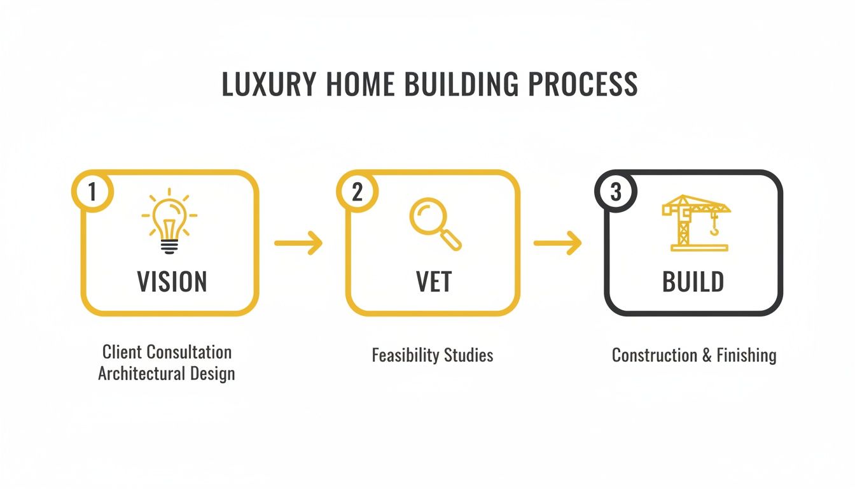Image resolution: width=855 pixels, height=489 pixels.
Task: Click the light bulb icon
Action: [x=169, y=222]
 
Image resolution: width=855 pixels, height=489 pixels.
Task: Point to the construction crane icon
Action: [x=695, y=222]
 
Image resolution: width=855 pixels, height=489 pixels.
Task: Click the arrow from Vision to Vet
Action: [x=298, y=243]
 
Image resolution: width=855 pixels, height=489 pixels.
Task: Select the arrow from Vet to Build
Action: [x=557, y=243]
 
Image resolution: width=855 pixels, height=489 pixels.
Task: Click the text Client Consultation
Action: [x=167, y=351]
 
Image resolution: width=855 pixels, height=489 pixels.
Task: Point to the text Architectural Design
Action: [x=167, y=373]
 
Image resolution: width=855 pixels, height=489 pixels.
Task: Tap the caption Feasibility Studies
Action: [x=433, y=355]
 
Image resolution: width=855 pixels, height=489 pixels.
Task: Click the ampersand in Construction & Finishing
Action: [x=707, y=355]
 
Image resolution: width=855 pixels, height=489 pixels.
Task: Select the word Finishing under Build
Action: [x=746, y=355]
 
